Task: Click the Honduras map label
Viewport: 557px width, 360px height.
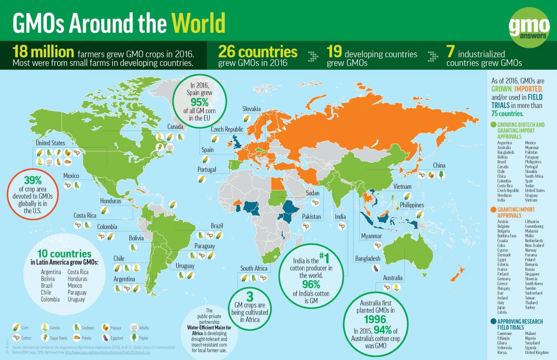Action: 111,201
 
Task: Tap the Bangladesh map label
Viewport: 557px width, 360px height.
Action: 367,258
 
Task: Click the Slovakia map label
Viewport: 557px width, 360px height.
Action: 252,109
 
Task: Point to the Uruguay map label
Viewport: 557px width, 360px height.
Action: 184,266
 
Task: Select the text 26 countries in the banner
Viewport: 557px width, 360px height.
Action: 258,52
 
